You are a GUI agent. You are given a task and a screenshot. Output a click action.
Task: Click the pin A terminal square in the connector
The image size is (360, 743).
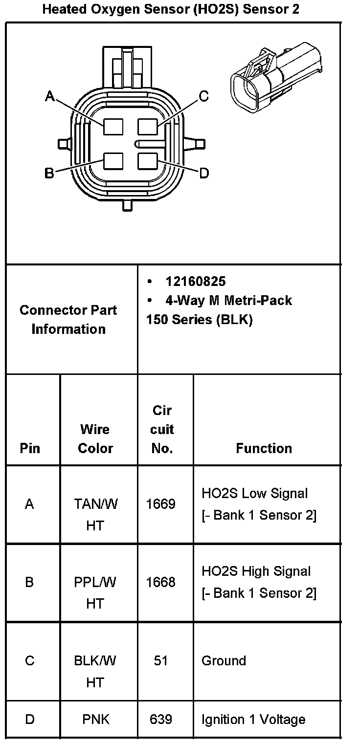pyautogui.click(x=112, y=127)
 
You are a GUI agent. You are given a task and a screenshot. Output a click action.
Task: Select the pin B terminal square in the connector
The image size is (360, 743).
pyautogui.click(x=112, y=161)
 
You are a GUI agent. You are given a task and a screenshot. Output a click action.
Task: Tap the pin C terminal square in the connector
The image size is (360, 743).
pyautogui.click(x=147, y=127)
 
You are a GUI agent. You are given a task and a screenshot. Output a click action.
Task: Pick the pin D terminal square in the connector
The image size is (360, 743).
pyautogui.click(x=147, y=161)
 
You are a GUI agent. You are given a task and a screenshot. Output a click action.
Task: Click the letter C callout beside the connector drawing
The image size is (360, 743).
pyautogui.click(x=203, y=96)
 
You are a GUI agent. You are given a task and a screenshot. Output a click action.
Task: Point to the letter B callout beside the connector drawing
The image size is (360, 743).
pyautogui.click(x=49, y=173)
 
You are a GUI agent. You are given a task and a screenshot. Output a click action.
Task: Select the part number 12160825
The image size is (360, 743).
pyautogui.click(x=196, y=282)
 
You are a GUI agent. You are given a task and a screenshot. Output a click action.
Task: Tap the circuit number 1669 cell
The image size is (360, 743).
pyautogui.click(x=161, y=504)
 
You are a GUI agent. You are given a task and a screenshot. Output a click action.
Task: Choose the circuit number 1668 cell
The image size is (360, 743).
pyautogui.click(x=161, y=582)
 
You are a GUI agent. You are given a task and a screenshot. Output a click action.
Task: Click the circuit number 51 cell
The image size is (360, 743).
pyautogui.click(x=161, y=661)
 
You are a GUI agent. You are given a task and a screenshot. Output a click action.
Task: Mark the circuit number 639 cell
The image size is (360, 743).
pyautogui.click(x=161, y=720)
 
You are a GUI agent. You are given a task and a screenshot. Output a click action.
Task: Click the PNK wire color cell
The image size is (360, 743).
pyautogui.click(x=95, y=720)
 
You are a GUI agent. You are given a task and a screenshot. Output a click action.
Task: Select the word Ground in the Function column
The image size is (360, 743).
pyautogui.click(x=224, y=661)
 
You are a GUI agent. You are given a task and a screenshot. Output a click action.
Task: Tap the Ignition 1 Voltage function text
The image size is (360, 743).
pyautogui.click(x=253, y=720)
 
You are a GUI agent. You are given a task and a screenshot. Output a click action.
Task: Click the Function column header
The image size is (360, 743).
pyautogui.click(x=264, y=448)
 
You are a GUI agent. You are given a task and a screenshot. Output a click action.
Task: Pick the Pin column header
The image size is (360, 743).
pyautogui.click(x=30, y=448)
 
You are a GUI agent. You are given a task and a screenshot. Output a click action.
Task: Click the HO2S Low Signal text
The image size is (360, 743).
pyautogui.click(x=255, y=493)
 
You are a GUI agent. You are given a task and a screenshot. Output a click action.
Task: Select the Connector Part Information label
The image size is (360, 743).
pyautogui.click(x=68, y=320)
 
